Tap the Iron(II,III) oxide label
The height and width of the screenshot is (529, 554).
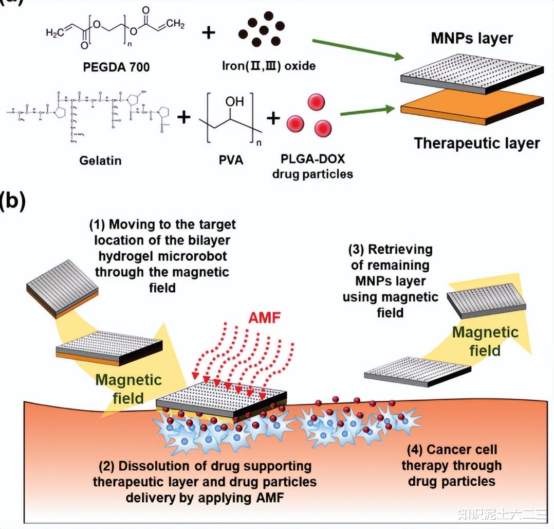268,66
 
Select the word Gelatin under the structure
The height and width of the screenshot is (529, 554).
100,161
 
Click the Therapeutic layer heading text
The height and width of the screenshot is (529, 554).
477,143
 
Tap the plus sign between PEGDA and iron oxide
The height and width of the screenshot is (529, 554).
209,32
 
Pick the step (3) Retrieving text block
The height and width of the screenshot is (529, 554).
390,281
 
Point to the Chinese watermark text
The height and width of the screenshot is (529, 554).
496,514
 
